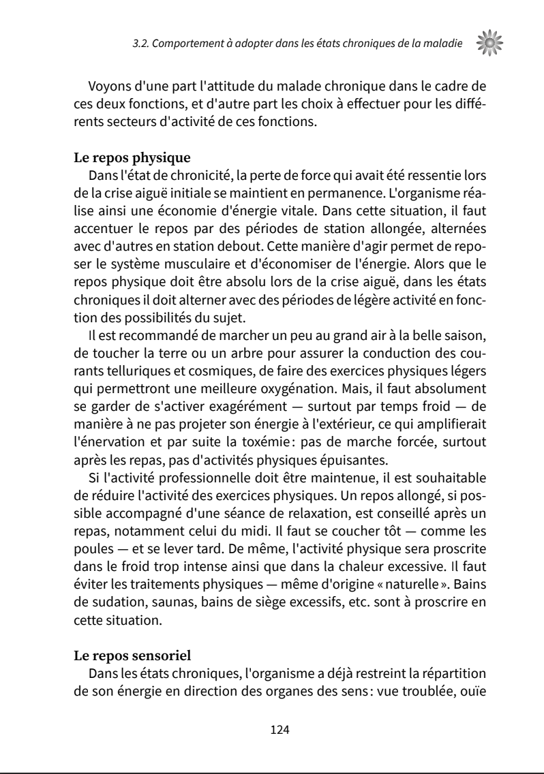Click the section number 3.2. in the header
(141, 45)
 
